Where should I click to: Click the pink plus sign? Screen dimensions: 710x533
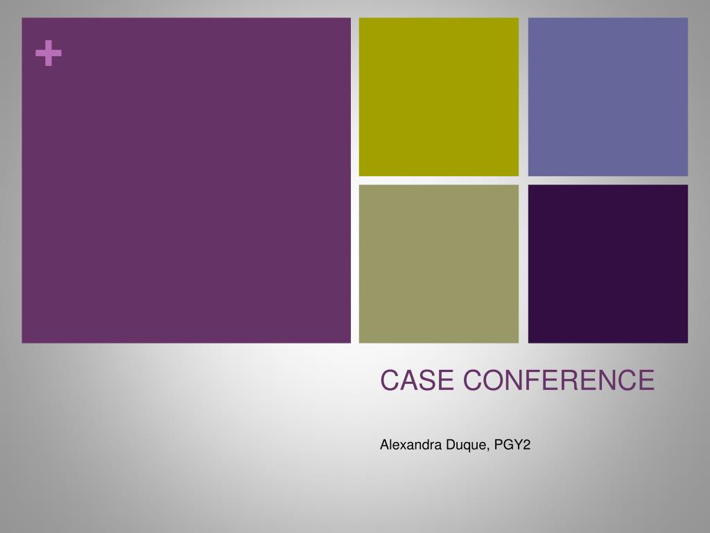click(49, 53)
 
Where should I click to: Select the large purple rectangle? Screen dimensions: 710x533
click(186, 180)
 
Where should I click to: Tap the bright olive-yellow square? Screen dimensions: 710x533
click(439, 97)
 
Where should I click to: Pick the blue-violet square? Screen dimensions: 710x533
click(608, 97)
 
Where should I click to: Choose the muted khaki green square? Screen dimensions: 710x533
click(439, 264)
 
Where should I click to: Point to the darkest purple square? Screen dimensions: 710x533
click(608, 264)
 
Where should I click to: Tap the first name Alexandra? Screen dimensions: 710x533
click(410, 445)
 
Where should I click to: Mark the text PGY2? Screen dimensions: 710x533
click(512, 445)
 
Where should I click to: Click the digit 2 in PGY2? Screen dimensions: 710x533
click(526, 445)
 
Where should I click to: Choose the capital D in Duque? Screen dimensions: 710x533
click(451, 445)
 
